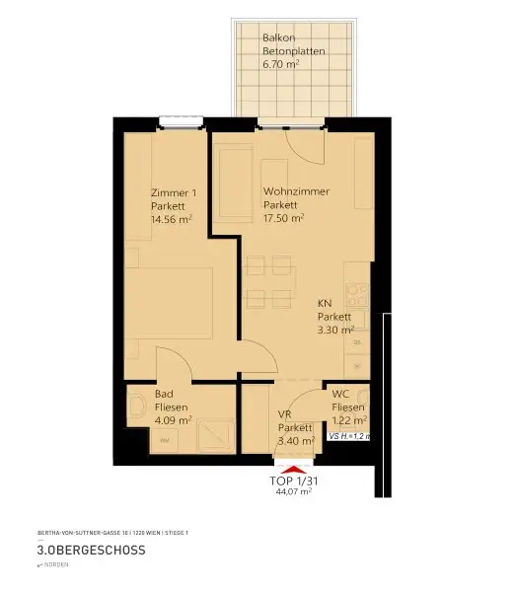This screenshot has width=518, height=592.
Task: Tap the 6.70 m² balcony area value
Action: click(281, 64)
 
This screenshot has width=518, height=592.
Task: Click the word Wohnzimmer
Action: click(296, 191)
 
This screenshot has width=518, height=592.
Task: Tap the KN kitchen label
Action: click(324, 303)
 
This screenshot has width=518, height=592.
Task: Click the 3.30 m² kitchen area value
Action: click(335, 331)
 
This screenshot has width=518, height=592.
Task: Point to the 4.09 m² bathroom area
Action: click(173, 419)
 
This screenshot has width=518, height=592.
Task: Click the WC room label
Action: click(341, 393)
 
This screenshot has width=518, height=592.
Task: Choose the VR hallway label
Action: click(284, 414)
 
